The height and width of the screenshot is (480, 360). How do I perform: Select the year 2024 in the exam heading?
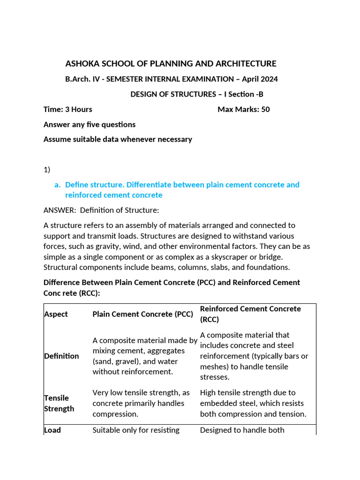[269, 79]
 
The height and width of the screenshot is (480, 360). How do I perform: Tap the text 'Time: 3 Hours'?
[67, 109]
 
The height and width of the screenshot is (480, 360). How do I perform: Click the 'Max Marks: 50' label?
[243, 109]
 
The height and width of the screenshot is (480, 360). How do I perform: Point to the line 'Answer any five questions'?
[90, 124]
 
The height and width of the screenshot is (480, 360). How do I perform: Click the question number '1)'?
[47, 169]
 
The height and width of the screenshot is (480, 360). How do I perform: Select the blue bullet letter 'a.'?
[58, 185]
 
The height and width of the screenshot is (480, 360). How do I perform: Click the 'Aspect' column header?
[56, 314]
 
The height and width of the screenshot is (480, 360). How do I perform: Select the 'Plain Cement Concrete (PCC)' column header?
[142, 314]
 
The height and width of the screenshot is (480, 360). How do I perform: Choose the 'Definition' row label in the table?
[61, 356]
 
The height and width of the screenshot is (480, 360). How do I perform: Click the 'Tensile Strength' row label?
[59, 403]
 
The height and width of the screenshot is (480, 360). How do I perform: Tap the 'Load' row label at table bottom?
[52, 430]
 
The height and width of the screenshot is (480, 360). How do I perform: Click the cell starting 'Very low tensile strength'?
[141, 403]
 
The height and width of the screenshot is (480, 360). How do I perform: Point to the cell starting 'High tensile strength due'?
[253, 403]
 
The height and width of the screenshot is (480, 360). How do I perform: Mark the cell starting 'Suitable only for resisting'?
[136, 430]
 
